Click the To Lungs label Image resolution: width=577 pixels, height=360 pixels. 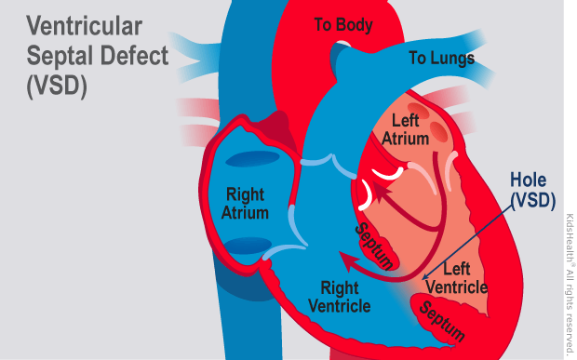click(x=441, y=59)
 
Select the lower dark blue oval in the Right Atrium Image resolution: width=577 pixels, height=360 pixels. click(x=246, y=246)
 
